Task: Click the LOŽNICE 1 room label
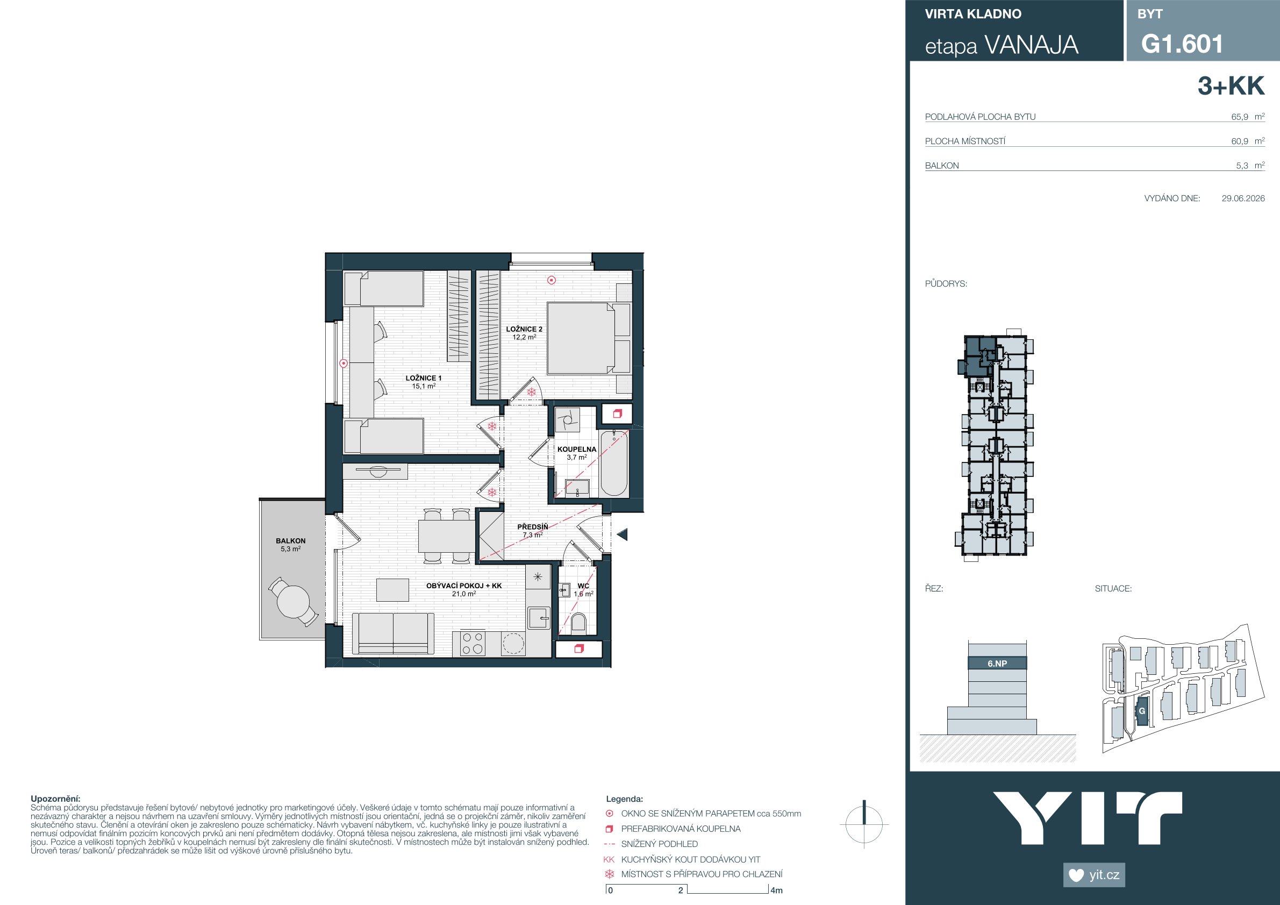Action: click(423, 378)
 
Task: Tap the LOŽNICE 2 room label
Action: click(524, 329)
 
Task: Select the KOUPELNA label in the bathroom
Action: click(576, 449)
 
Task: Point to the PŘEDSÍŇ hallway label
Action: click(532, 526)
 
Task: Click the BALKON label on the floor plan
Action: click(290, 541)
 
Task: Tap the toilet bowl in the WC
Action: click(578, 623)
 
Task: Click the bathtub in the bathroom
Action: click(614, 463)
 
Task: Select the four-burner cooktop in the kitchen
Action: click(472, 643)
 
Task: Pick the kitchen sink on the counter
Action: click(539, 618)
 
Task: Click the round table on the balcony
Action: click(292, 601)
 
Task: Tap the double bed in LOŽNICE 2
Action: click(589, 338)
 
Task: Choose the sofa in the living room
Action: click(393, 633)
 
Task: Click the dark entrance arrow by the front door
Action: click(622, 534)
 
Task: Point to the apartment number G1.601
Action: click(1182, 44)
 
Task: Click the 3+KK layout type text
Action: click(1231, 86)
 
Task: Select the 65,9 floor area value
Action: click(1240, 117)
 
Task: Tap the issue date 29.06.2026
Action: click(1243, 198)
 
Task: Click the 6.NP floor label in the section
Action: click(997, 664)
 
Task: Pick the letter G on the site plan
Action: click(1142, 711)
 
